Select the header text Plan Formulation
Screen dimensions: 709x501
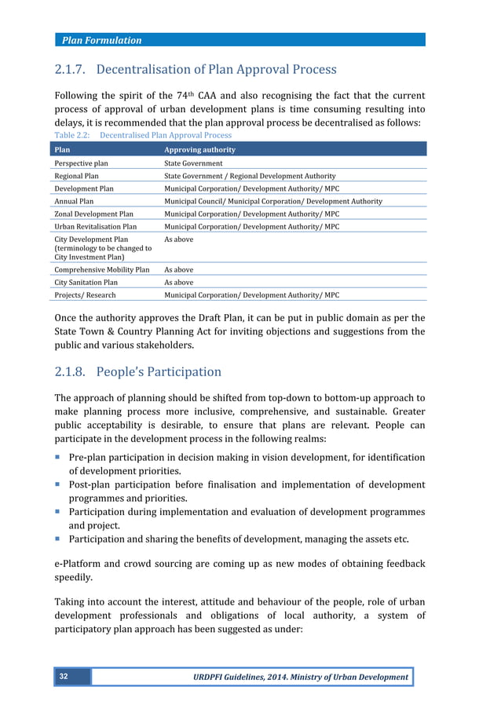click(x=103, y=40)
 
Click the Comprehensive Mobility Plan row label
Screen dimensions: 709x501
click(x=101, y=269)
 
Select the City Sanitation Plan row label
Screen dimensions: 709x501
click(x=86, y=282)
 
